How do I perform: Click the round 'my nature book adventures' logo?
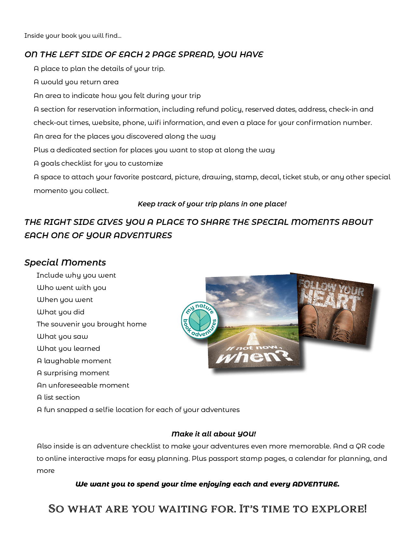click(x=200, y=320)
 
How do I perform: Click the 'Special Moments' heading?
click(x=65, y=262)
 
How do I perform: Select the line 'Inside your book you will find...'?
click(x=73, y=35)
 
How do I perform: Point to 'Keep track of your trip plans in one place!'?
click(x=212, y=204)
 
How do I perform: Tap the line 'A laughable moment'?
click(x=74, y=361)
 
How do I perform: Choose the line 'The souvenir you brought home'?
click(x=91, y=324)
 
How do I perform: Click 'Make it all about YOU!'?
click(x=214, y=434)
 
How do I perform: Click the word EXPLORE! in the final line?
click(x=339, y=509)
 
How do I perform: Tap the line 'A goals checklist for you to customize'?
click(x=98, y=163)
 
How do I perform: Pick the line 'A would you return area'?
click(x=76, y=82)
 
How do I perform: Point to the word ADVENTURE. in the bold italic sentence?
click(x=316, y=484)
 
